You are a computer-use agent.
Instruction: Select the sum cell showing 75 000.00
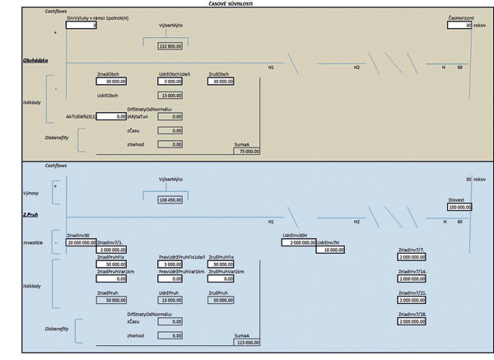246,152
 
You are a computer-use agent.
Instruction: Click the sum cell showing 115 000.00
246,342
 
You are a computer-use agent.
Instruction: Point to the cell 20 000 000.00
82,243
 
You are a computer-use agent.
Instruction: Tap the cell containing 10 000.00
330,250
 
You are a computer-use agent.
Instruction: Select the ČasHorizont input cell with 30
460,26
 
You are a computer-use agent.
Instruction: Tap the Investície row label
32,243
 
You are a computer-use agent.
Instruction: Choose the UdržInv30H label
294,236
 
